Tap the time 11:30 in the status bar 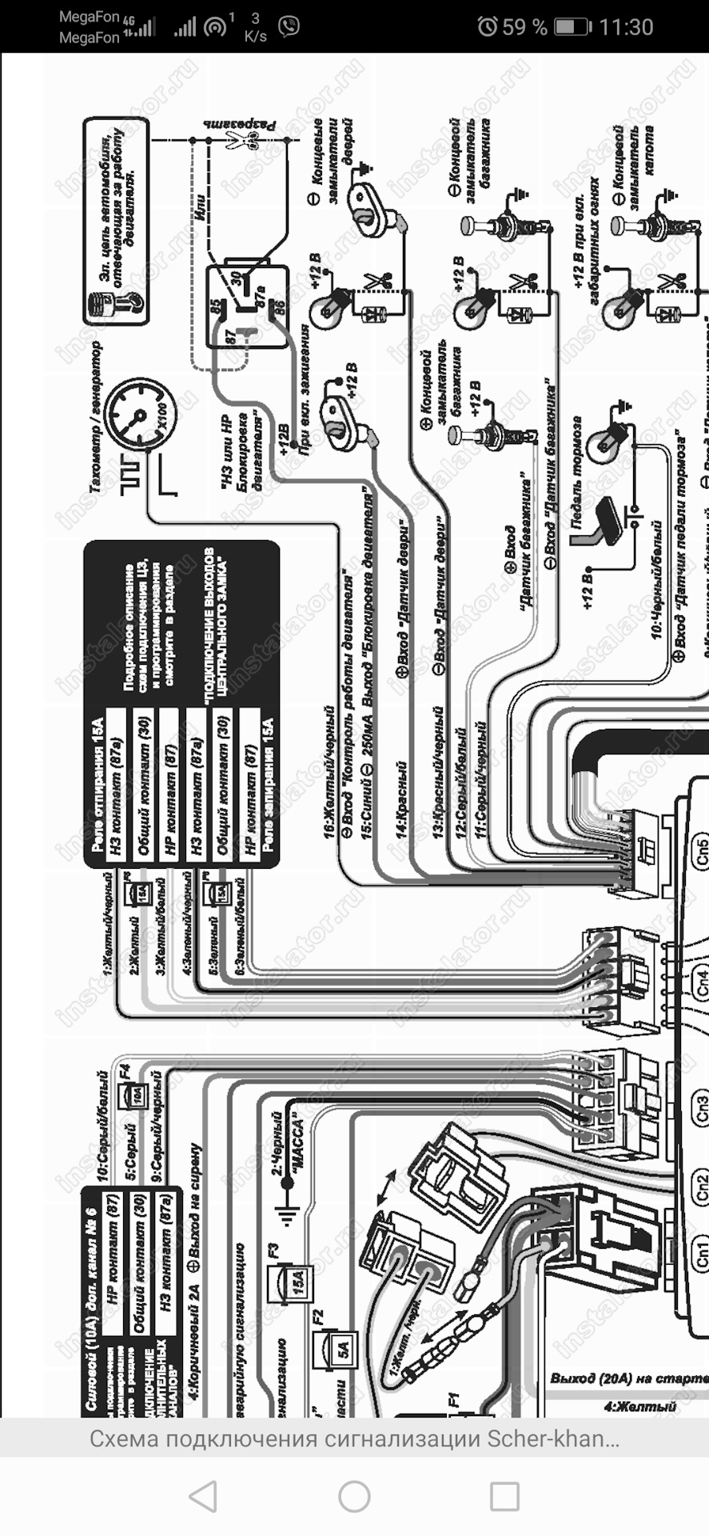pos(626,26)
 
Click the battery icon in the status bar pos(572,26)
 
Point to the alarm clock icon pos(487,26)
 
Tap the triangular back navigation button pos(203,1495)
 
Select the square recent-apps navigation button pos(504,1495)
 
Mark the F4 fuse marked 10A pos(137,1094)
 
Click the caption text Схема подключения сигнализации pos(354,1439)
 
